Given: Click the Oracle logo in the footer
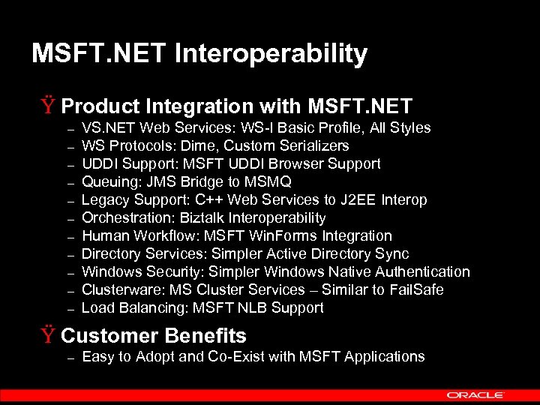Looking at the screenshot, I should point(475,394).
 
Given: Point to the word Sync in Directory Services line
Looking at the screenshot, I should point(393,253).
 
